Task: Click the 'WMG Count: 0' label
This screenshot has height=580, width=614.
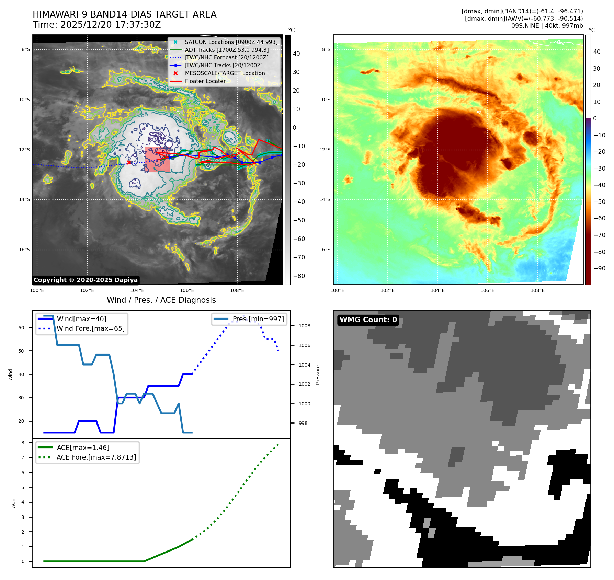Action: pyautogui.click(x=368, y=320)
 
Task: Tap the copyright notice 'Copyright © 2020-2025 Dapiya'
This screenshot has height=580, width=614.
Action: pyautogui.click(x=86, y=280)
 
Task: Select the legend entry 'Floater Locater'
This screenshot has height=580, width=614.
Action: pyautogui.click(x=205, y=81)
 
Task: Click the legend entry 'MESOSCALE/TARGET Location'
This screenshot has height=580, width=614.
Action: pyautogui.click(x=225, y=73)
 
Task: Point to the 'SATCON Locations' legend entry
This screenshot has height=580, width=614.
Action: pyautogui.click(x=231, y=42)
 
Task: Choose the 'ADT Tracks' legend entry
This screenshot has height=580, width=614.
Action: pyautogui.click(x=227, y=50)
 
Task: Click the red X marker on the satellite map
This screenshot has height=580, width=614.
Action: pyautogui.click(x=129, y=162)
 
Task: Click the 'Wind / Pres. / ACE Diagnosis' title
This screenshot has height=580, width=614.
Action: pyautogui.click(x=161, y=300)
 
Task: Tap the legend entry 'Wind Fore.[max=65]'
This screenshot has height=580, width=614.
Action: pyautogui.click(x=91, y=328)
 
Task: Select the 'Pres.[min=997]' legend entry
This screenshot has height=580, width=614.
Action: pyautogui.click(x=258, y=319)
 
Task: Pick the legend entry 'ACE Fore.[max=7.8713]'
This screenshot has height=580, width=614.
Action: pyautogui.click(x=96, y=457)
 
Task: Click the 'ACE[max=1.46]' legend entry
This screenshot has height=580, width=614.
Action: pyautogui.click(x=83, y=448)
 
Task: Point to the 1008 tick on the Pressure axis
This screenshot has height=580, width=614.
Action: pyautogui.click(x=304, y=326)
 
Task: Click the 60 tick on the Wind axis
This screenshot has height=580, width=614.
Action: pyautogui.click(x=21, y=328)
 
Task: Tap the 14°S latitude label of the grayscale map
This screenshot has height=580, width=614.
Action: pyautogui.click(x=24, y=199)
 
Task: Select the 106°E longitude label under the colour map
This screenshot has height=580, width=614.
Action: pyautogui.click(x=487, y=290)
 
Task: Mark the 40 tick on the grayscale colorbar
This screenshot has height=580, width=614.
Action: pyautogui.click(x=296, y=54)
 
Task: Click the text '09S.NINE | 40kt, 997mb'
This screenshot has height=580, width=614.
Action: pyautogui.click(x=547, y=26)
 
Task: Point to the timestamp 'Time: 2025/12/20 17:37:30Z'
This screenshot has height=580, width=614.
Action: pyautogui.click(x=96, y=25)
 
